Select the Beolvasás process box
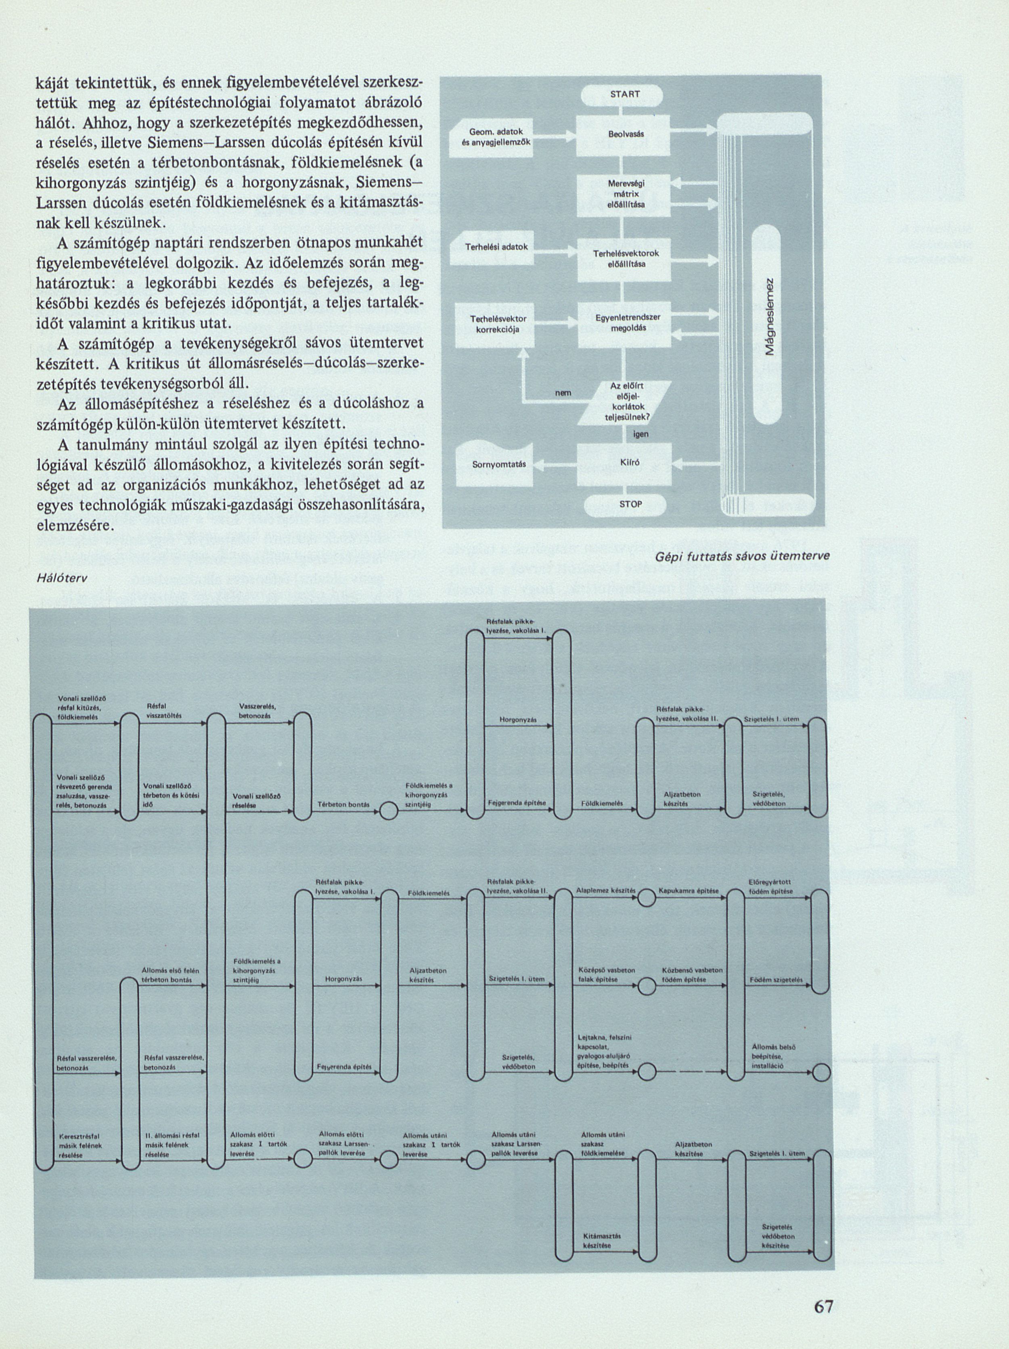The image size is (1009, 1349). pyautogui.click(x=622, y=133)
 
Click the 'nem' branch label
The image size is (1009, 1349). pyautogui.click(x=562, y=393)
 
